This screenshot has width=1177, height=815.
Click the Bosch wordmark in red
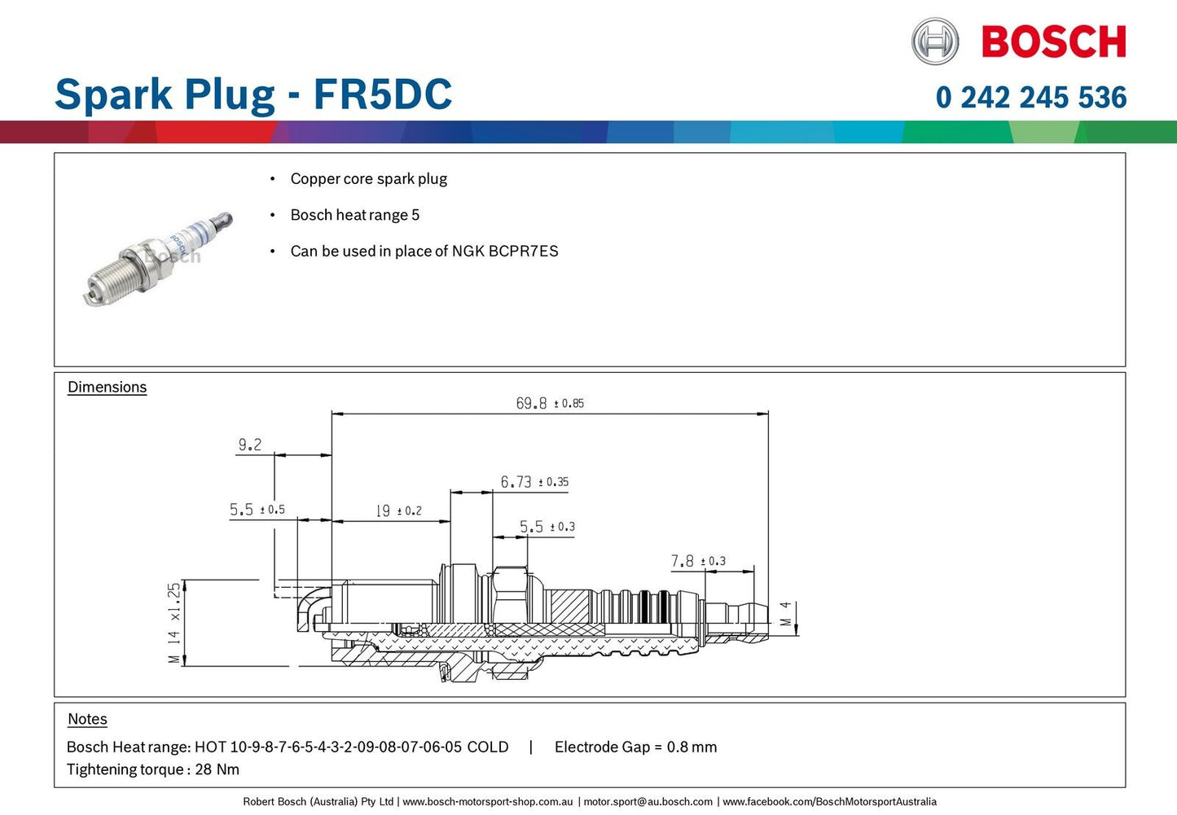pyautogui.click(x=1053, y=42)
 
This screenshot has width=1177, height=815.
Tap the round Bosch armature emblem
pyautogui.click(x=935, y=42)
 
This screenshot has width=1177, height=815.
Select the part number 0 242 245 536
pyautogui.click(x=1031, y=98)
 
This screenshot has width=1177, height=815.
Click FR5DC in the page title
pyautogui.click(x=383, y=94)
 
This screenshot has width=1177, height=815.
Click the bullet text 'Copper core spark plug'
pyautogui.click(x=368, y=179)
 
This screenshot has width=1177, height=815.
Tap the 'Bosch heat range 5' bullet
pyautogui.click(x=354, y=215)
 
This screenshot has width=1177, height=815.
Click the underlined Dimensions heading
pyautogui.click(x=107, y=388)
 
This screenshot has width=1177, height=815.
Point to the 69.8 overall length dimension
pyautogui.click(x=549, y=403)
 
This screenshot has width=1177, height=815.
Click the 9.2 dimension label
pyautogui.click(x=250, y=445)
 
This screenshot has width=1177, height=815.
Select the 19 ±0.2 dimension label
pyautogui.click(x=398, y=510)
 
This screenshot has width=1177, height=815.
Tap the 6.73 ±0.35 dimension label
pyautogui.click(x=534, y=482)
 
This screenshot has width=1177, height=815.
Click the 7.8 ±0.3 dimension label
pyautogui.click(x=698, y=561)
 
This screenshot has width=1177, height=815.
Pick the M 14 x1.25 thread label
pyautogui.click(x=173, y=624)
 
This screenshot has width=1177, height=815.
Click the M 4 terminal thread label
pyautogui.click(x=786, y=614)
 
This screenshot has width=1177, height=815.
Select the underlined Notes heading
pyautogui.click(x=87, y=720)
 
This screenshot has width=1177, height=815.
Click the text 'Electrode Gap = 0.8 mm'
pyautogui.click(x=635, y=747)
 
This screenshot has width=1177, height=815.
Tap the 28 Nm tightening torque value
pyautogui.click(x=217, y=769)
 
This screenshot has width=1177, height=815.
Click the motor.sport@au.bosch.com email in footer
pyautogui.click(x=648, y=802)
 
